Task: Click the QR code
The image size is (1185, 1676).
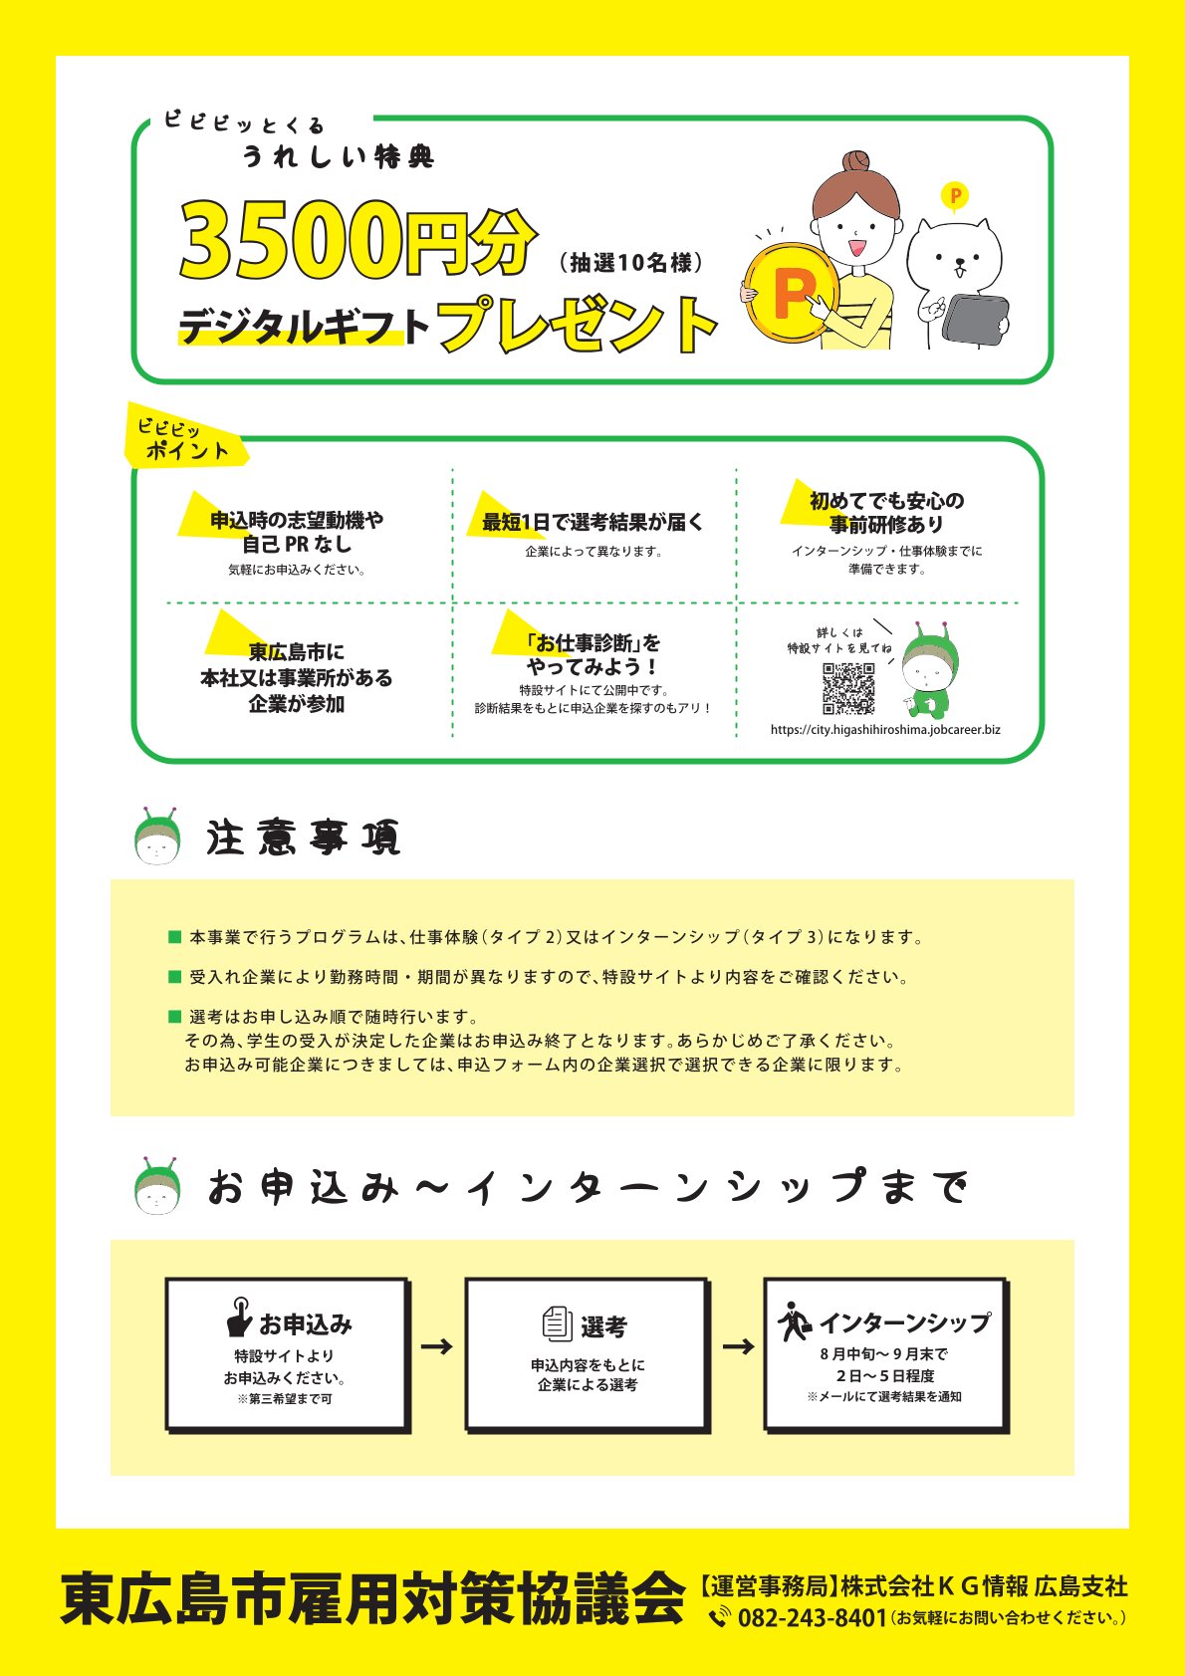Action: click(x=848, y=688)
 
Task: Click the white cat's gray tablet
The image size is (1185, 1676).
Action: click(x=976, y=321)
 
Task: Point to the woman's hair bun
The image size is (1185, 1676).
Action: click(x=856, y=161)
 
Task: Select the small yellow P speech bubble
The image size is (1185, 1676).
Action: click(x=955, y=197)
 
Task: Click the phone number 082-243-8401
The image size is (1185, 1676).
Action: click(x=813, y=1618)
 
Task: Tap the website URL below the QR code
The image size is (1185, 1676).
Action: click(x=885, y=730)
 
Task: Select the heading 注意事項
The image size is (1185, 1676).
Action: click(x=303, y=838)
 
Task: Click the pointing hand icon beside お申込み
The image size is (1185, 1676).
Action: click(x=239, y=1317)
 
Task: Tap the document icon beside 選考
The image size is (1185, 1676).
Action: click(x=558, y=1323)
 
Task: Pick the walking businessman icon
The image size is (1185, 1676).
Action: click(x=794, y=1321)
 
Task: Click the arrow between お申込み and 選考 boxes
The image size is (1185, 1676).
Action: click(x=437, y=1346)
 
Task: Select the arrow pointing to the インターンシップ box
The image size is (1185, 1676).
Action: click(x=738, y=1346)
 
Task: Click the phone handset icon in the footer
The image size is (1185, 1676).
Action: click(x=720, y=1617)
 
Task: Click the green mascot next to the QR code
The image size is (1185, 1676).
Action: click(x=929, y=669)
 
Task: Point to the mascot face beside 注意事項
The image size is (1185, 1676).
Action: click(x=157, y=837)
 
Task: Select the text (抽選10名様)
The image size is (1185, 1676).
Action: click(x=630, y=263)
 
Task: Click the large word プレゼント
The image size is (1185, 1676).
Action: click(x=577, y=324)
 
